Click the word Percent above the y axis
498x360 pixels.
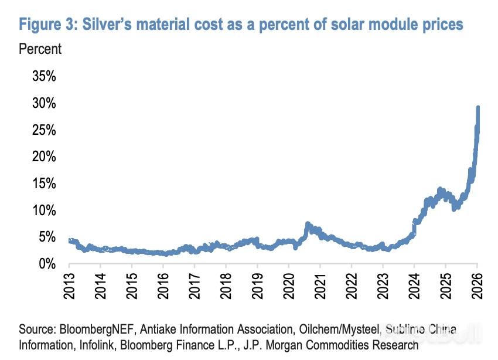(40, 49)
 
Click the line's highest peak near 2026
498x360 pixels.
(478, 108)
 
